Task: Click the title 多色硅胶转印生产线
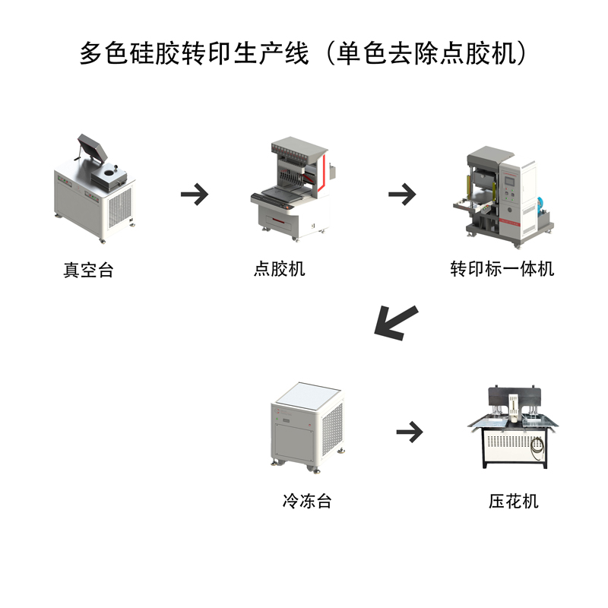tap(194, 53)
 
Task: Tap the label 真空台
tap(88, 270)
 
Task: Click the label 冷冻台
tap(306, 501)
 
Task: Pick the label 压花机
tap(514, 501)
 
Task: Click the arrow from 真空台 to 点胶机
tap(195, 194)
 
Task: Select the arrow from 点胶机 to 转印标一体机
tap(402, 194)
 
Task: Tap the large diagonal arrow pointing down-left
tap(395, 321)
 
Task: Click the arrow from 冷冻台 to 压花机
tap(410, 432)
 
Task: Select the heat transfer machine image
tap(502, 194)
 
